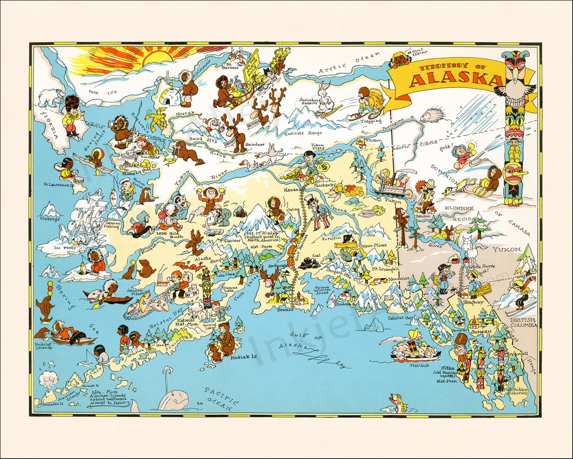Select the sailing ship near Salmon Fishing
[87, 217]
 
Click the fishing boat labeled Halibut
[415, 352]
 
